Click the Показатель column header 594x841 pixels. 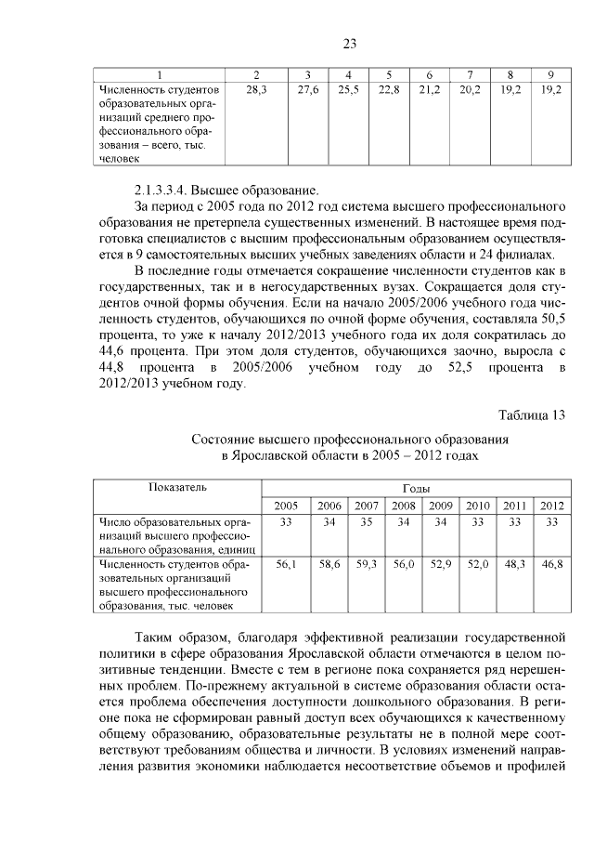point(177,487)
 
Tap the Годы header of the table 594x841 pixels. point(415,488)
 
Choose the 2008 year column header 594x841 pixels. point(403,506)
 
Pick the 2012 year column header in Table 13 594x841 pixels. point(552,506)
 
